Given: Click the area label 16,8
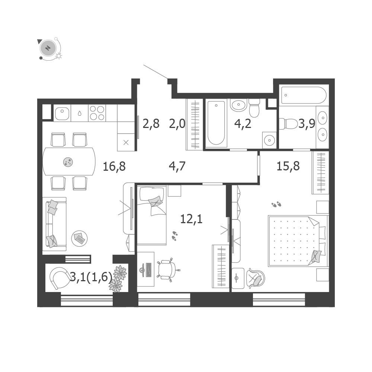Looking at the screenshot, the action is click(114, 166).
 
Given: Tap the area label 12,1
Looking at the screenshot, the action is click(192, 219).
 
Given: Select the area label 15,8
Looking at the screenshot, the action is click(288, 166).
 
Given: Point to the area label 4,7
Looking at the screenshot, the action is click(177, 166).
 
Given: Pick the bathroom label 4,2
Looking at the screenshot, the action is click(243, 124).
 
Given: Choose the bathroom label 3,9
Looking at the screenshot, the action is click(307, 124).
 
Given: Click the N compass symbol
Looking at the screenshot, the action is click(48, 48).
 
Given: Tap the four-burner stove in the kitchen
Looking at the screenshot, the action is click(97, 113).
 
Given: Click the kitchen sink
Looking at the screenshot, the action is click(62, 113).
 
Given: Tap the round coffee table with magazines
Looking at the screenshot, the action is click(80, 238).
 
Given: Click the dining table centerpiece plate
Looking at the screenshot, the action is click(68, 162).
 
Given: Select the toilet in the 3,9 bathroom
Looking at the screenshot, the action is click(289, 124).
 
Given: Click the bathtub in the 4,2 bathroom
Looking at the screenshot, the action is click(216, 123).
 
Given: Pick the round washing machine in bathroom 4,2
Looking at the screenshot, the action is click(269, 140).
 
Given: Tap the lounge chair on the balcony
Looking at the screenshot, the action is click(59, 278).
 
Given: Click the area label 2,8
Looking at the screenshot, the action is click(151, 124).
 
